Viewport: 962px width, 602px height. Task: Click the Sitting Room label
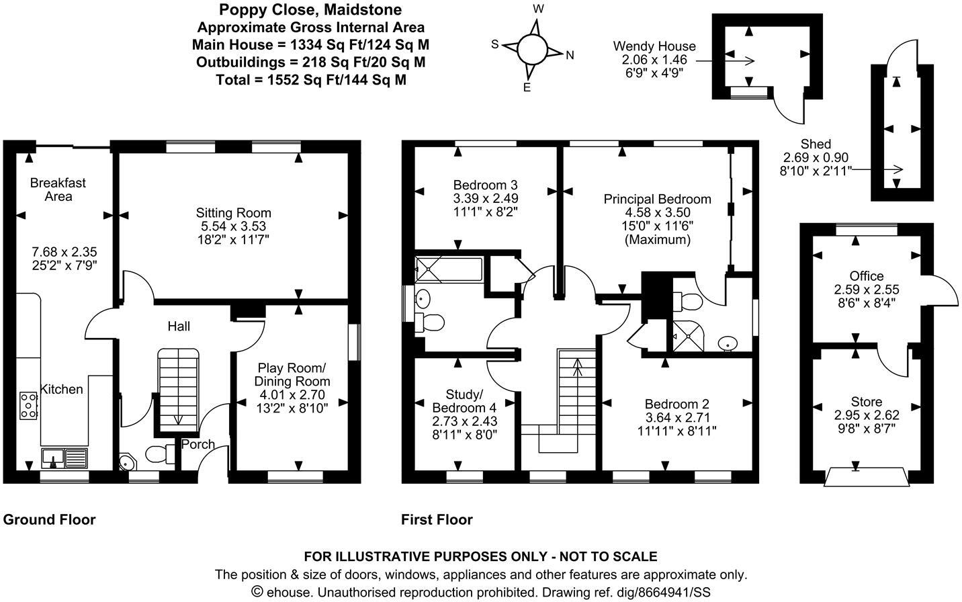click(x=234, y=213)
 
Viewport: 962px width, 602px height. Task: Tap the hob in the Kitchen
click(x=29, y=405)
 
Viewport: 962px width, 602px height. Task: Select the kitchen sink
click(x=64, y=458)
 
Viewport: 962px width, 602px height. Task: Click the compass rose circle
click(x=532, y=48)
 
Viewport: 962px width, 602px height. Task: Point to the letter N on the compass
click(x=570, y=56)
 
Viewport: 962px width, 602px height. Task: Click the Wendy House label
click(x=654, y=46)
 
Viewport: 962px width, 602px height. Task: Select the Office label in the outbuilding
click(x=867, y=276)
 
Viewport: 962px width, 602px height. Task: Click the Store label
click(x=867, y=402)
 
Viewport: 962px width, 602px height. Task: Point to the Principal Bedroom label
click(x=657, y=199)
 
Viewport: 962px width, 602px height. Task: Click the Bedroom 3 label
click(x=485, y=185)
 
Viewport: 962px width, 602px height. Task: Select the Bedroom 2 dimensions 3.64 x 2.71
click(x=677, y=417)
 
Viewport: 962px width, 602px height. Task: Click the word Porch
click(x=198, y=444)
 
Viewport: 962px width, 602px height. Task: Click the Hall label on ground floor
click(x=179, y=327)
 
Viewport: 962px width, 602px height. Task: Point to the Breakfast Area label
click(x=58, y=189)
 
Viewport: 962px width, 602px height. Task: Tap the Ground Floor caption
click(x=50, y=519)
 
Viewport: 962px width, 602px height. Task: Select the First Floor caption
click(x=437, y=519)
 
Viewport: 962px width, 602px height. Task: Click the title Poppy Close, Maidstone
click(x=311, y=10)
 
